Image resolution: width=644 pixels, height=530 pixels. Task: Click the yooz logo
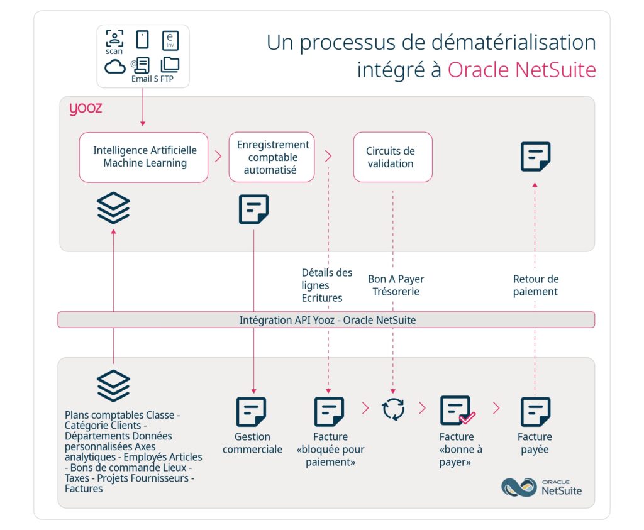point(86,109)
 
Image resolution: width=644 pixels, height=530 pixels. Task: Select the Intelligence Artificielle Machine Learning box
point(144,157)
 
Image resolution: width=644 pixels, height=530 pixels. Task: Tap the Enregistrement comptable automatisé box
point(272,157)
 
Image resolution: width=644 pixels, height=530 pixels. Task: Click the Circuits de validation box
point(392,157)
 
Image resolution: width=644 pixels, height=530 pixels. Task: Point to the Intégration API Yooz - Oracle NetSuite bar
point(326,320)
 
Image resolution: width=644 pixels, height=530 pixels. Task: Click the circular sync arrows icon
point(394,409)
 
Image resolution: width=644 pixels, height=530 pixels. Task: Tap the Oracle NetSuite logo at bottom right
point(541,487)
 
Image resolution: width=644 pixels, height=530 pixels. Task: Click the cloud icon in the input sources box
point(115,66)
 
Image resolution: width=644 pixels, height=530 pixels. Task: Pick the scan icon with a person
point(114,39)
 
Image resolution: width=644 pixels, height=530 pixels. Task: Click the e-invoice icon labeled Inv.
point(170,40)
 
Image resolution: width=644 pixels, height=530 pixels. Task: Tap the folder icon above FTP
point(170,64)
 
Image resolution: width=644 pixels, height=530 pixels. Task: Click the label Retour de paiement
point(535,285)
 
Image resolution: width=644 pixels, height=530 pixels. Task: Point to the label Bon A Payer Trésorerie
point(396,285)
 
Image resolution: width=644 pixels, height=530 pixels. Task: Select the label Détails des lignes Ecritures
point(327,285)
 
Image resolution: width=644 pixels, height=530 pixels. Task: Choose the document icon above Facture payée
point(535,412)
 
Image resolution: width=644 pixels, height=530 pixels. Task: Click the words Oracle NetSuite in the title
point(521,70)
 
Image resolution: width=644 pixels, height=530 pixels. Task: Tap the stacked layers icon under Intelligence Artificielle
point(114,208)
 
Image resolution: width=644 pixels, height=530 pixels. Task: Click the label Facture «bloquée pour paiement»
point(330,450)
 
